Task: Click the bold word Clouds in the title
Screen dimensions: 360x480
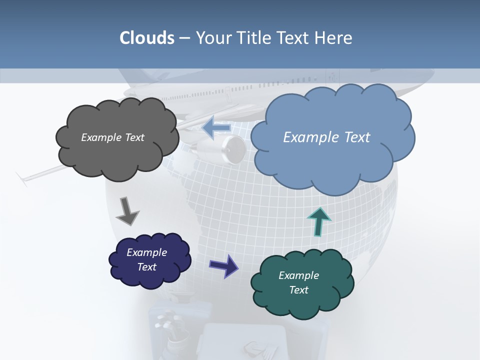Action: tap(147, 38)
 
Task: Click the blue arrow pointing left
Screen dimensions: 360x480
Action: tap(216, 128)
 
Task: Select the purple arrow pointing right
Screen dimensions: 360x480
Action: tap(223, 265)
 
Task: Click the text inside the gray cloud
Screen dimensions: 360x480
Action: tap(112, 137)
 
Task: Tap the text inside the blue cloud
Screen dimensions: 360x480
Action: tap(326, 137)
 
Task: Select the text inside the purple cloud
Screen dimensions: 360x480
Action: tap(147, 259)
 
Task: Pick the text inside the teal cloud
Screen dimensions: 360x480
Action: tap(298, 282)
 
